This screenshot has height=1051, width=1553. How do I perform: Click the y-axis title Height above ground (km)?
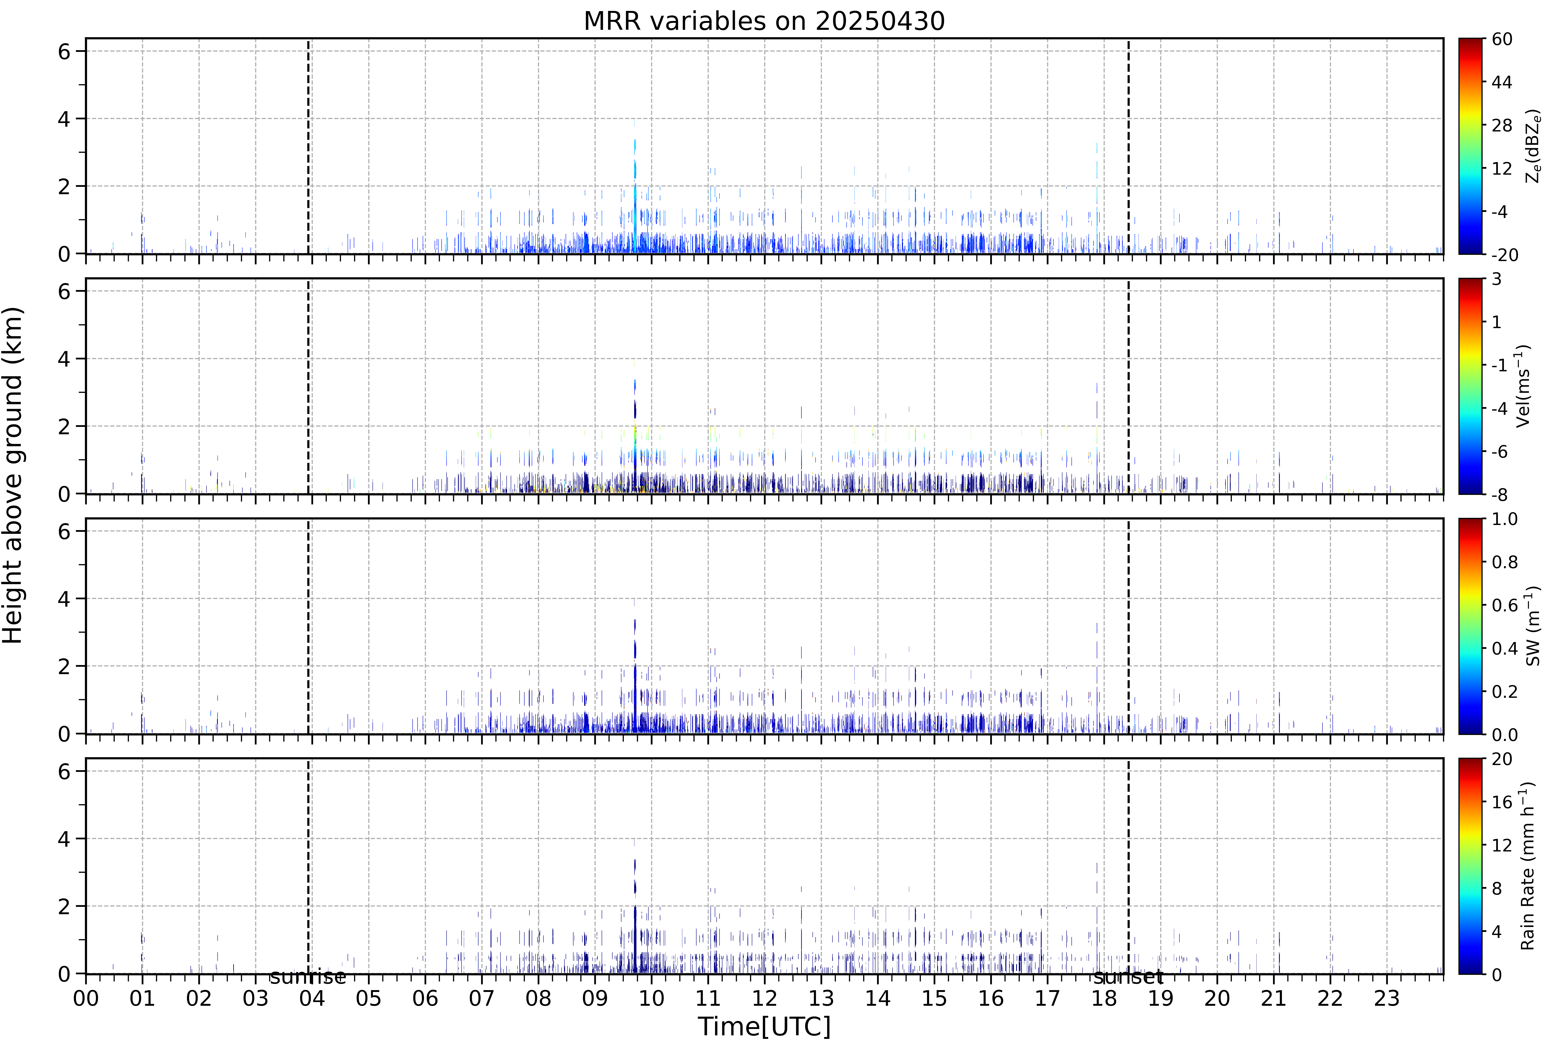[x=13, y=475]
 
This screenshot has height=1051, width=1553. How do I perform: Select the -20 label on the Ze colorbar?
[x=1505, y=254]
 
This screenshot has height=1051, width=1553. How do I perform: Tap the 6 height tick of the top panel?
[x=64, y=51]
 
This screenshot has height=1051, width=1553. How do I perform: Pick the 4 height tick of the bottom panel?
[x=64, y=839]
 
